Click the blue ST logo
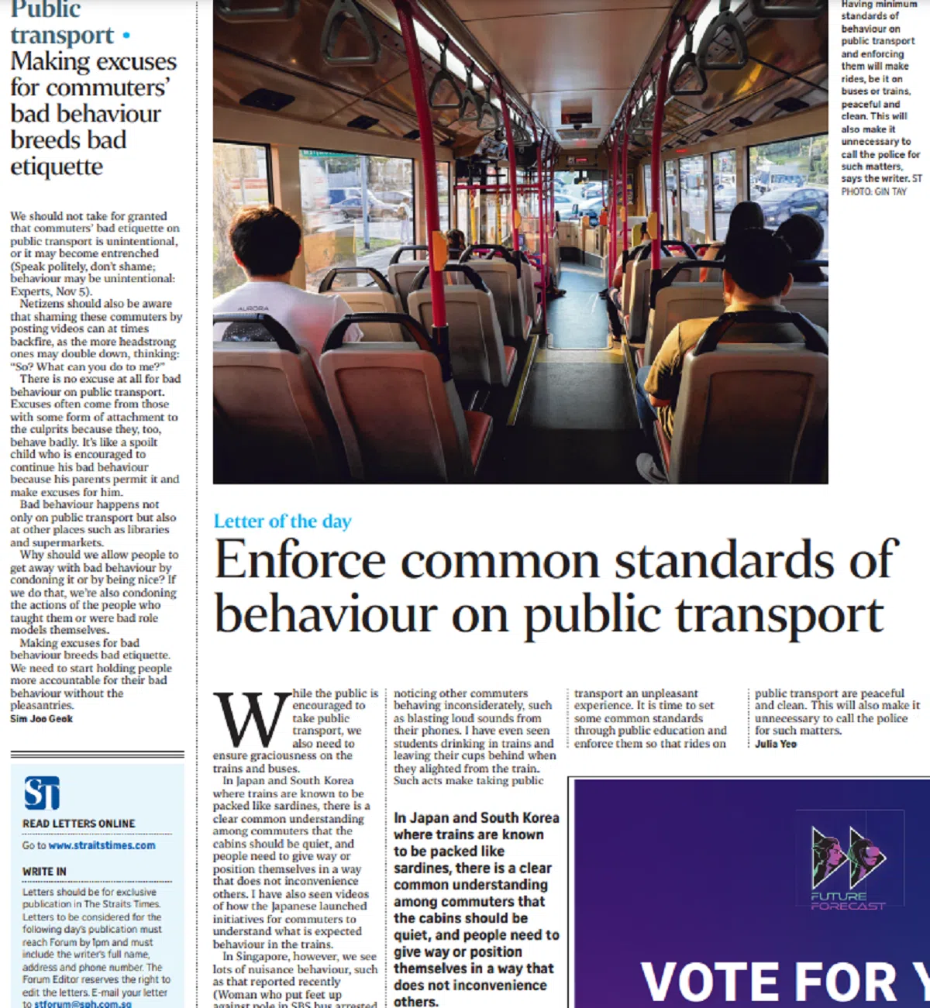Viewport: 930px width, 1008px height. click(42, 793)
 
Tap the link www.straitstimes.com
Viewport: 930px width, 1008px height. click(102, 845)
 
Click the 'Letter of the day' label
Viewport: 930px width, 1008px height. click(282, 521)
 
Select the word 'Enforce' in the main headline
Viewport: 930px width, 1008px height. click(300, 560)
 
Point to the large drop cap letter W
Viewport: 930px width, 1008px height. click(251, 720)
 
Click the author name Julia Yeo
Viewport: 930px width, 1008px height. click(776, 744)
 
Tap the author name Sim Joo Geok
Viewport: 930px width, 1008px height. click(42, 719)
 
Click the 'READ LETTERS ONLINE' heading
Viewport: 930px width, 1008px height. click(78, 824)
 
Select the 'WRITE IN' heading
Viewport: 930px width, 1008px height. click(44, 872)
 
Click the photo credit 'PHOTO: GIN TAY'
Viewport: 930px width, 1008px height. click(873, 191)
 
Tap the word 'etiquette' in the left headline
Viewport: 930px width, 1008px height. click(57, 167)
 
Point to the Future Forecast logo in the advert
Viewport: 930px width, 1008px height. click(849, 869)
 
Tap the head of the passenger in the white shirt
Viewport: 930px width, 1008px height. click(265, 240)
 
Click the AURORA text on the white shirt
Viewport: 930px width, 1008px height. click(253, 308)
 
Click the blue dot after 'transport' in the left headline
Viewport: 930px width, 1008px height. click(126, 36)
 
